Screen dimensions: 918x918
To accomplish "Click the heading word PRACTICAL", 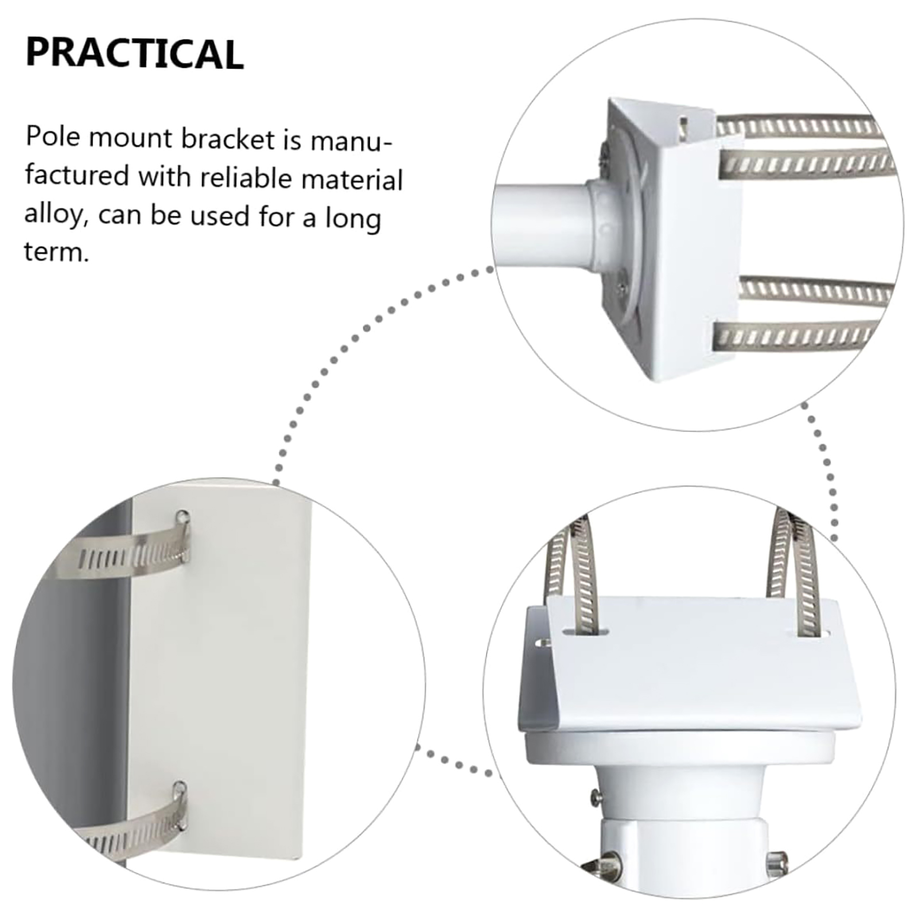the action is coord(135,54).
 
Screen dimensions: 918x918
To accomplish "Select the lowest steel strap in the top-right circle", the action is coord(798,336).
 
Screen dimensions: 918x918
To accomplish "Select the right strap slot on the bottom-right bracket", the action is coord(812,634).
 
